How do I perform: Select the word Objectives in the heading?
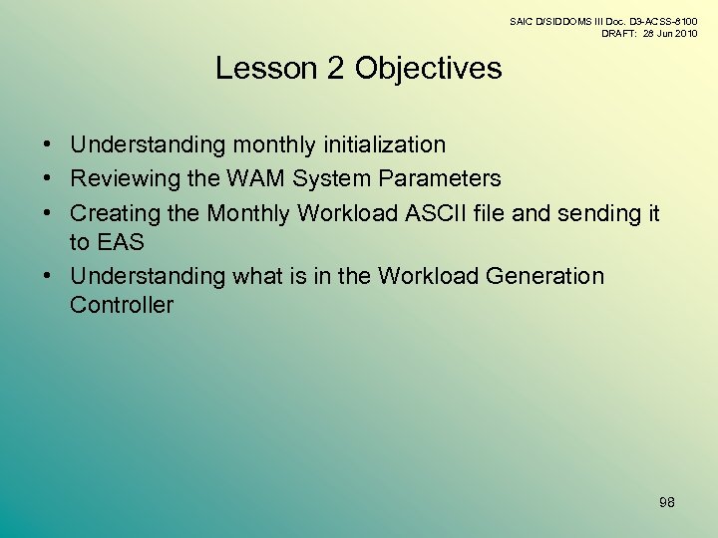(429, 69)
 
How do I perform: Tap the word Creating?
(113, 213)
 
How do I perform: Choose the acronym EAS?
(122, 242)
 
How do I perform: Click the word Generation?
(543, 276)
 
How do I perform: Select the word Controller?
(122, 305)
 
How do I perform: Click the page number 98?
(667, 502)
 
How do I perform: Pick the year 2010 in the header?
(684, 33)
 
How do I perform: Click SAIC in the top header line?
(522, 21)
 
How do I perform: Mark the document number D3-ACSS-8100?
(661, 21)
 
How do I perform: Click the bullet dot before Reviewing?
(48, 179)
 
